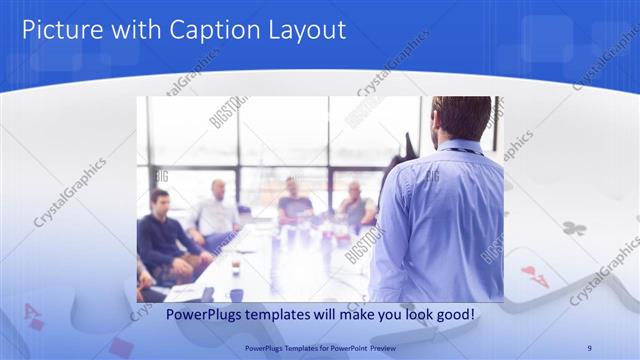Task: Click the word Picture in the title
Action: [x=59, y=30]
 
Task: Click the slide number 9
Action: [x=589, y=347]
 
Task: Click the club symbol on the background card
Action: [x=573, y=229]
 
